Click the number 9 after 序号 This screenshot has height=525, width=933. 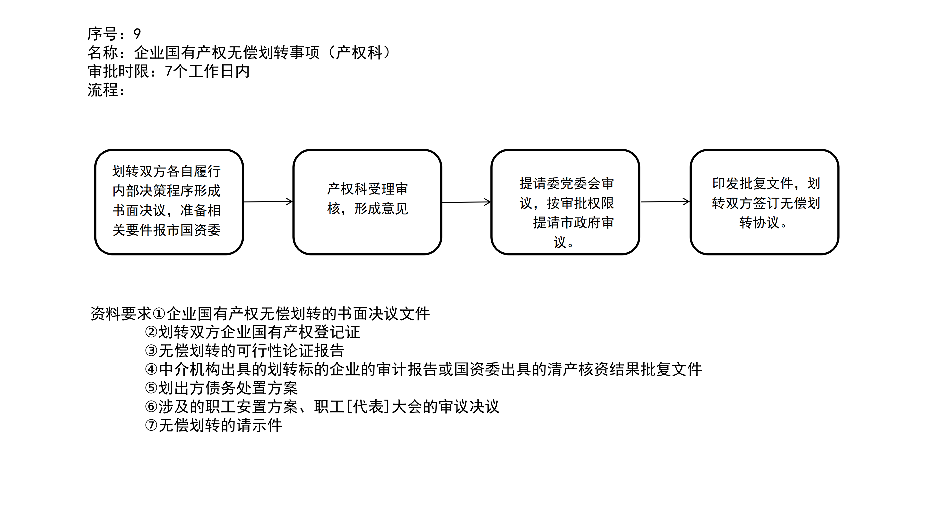coord(137,34)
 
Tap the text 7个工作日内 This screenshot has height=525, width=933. coord(207,71)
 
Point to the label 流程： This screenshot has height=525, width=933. coord(106,90)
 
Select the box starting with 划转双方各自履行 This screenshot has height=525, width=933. coord(169,202)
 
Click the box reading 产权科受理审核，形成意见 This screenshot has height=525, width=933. coord(367,202)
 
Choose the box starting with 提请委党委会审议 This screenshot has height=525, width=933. coord(565,202)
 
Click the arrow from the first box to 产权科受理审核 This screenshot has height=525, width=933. coord(268,202)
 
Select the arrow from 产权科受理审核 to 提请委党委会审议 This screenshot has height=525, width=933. coord(466,202)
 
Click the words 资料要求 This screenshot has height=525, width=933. coord(121,314)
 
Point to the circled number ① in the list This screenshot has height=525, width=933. coord(159,314)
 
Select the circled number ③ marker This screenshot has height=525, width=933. coord(151,351)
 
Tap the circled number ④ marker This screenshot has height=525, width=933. coord(151,369)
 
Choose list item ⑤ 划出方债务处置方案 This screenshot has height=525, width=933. coord(221,388)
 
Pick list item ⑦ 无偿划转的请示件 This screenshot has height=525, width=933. coord(213,425)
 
